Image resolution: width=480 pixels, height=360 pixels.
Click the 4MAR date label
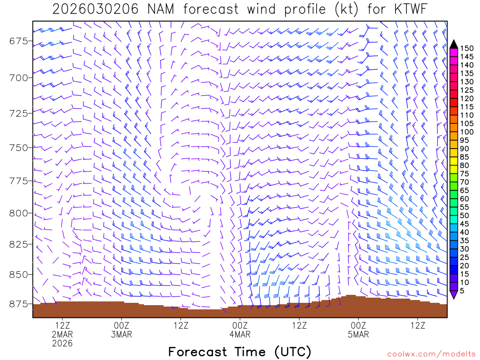coord(240,335)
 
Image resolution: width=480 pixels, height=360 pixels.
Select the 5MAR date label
coord(359,335)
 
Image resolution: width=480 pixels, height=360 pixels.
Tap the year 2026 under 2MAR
coord(62,344)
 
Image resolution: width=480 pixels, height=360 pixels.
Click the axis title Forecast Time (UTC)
coord(240,352)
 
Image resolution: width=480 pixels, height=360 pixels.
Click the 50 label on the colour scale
coord(464,215)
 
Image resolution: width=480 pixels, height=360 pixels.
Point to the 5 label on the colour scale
coord(462,290)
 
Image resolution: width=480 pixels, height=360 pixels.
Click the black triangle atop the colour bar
coord(454,44)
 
